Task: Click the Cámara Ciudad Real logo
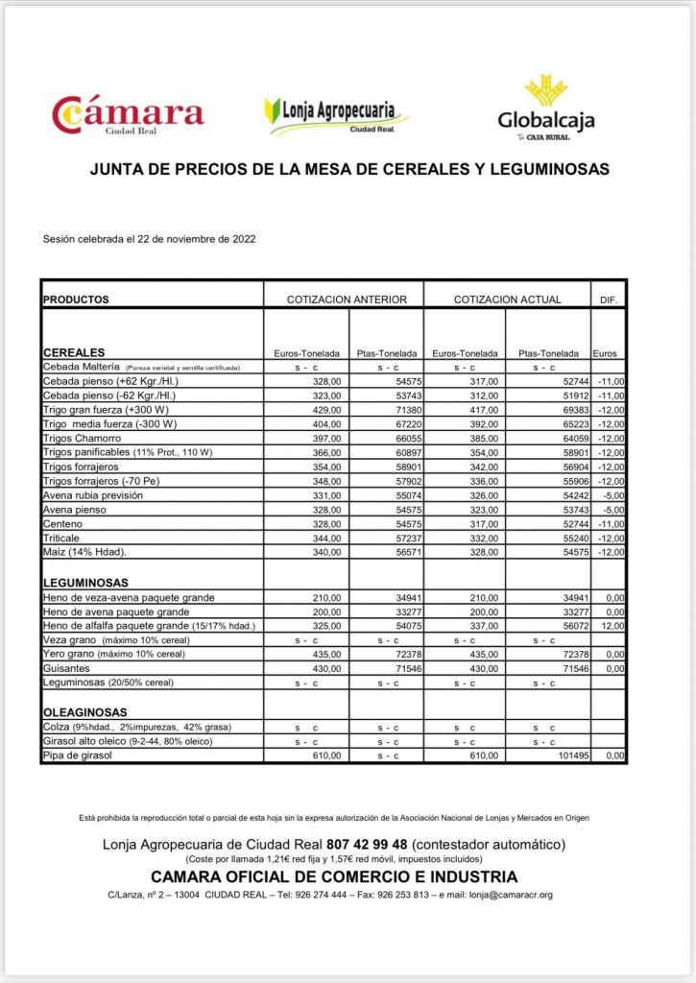(128, 114)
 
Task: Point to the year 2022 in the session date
(241, 239)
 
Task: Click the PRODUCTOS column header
(77, 300)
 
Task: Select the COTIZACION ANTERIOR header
(347, 300)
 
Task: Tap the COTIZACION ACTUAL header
(507, 300)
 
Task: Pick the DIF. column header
(608, 300)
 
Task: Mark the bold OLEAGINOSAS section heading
(84, 713)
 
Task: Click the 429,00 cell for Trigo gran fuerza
(326, 409)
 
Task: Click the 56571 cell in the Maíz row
(400, 553)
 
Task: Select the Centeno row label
(64, 526)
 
